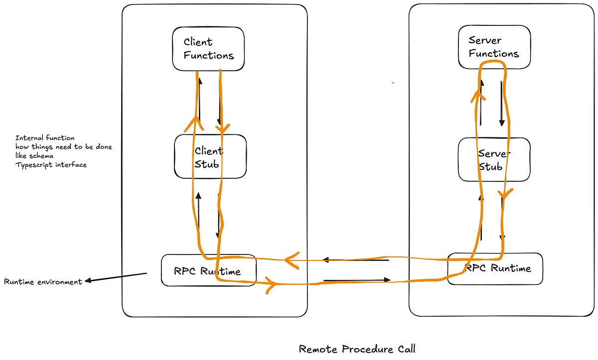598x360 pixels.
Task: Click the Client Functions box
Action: pos(208,49)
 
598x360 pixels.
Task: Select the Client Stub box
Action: pos(210,156)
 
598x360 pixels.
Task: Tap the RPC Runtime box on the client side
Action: pos(208,271)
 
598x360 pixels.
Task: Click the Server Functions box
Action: pos(494,47)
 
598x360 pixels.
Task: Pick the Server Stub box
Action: pos(494,159)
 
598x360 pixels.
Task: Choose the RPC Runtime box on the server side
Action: pos(495,269)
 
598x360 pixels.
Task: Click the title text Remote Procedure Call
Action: pos(357,349)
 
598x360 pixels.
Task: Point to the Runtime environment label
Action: pos(43,282)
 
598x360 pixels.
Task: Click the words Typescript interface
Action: pos(51,164)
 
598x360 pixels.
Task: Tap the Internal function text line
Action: pos(45,138)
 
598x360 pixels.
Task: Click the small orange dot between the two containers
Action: pos(393,83)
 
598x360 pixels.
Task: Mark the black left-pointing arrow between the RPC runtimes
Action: pos(355,260)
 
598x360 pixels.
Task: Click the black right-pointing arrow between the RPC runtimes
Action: pos(357,280)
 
